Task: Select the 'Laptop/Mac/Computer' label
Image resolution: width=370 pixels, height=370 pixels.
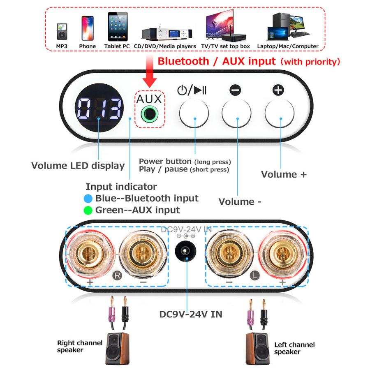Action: click(288, 46)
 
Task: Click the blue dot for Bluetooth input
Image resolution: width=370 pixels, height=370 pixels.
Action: click(87, 199)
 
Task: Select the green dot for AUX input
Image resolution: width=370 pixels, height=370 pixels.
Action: click(87, 210)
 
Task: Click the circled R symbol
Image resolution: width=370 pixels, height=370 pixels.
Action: click(117, 275)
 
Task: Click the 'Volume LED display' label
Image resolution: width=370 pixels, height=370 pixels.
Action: click(78, 166)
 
